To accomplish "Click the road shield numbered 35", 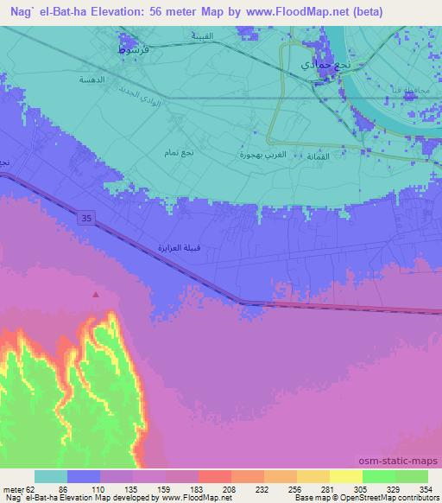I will tap(87, 220).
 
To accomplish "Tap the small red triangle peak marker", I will tap(96, 295).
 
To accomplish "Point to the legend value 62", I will tap(35, 488).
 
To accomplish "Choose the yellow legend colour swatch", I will tap(345, 476).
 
